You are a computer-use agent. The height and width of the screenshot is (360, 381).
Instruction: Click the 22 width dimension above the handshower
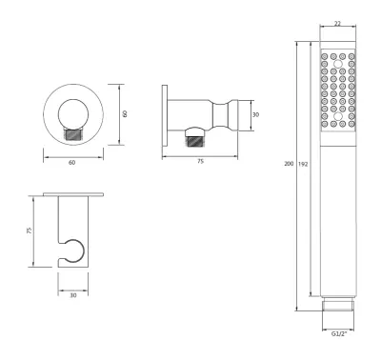pos(337,24)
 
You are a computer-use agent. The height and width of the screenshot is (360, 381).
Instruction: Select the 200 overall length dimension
pos(289,164)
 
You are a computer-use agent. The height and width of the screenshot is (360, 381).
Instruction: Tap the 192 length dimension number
pos(303,164)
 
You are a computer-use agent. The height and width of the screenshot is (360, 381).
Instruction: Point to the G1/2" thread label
pos(339,333)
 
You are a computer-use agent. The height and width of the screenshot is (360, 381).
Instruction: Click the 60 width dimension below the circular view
pos(72,163)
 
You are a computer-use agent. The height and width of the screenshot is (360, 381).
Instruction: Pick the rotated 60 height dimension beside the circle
pos(125,113)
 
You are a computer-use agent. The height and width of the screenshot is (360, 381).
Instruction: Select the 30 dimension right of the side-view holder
pos(255,114)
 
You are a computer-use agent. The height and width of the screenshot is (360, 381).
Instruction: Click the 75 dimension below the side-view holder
pos(200,161)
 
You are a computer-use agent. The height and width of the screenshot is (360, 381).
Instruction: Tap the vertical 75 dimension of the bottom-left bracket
pos(30,230)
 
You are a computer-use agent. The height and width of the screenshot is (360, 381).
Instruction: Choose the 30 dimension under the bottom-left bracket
pos(73,295)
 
